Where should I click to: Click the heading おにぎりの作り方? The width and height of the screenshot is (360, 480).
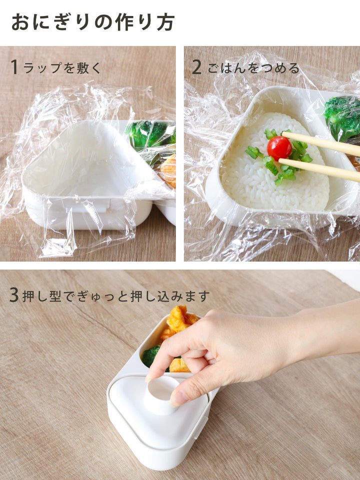tap(93, 22)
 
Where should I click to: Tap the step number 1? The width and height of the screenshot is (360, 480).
tap(14, 67)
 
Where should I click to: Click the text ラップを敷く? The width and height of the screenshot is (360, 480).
tap(62, 68)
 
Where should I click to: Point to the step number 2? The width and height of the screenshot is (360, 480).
tap(197, 67)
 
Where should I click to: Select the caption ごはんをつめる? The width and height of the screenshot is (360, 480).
tap(253, 68)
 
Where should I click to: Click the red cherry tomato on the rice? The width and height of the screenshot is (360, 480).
tap(279, 148)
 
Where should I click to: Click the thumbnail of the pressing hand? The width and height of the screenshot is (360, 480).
tap(179, 398)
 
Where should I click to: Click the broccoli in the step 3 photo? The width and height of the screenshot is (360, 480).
tap(150, 355)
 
